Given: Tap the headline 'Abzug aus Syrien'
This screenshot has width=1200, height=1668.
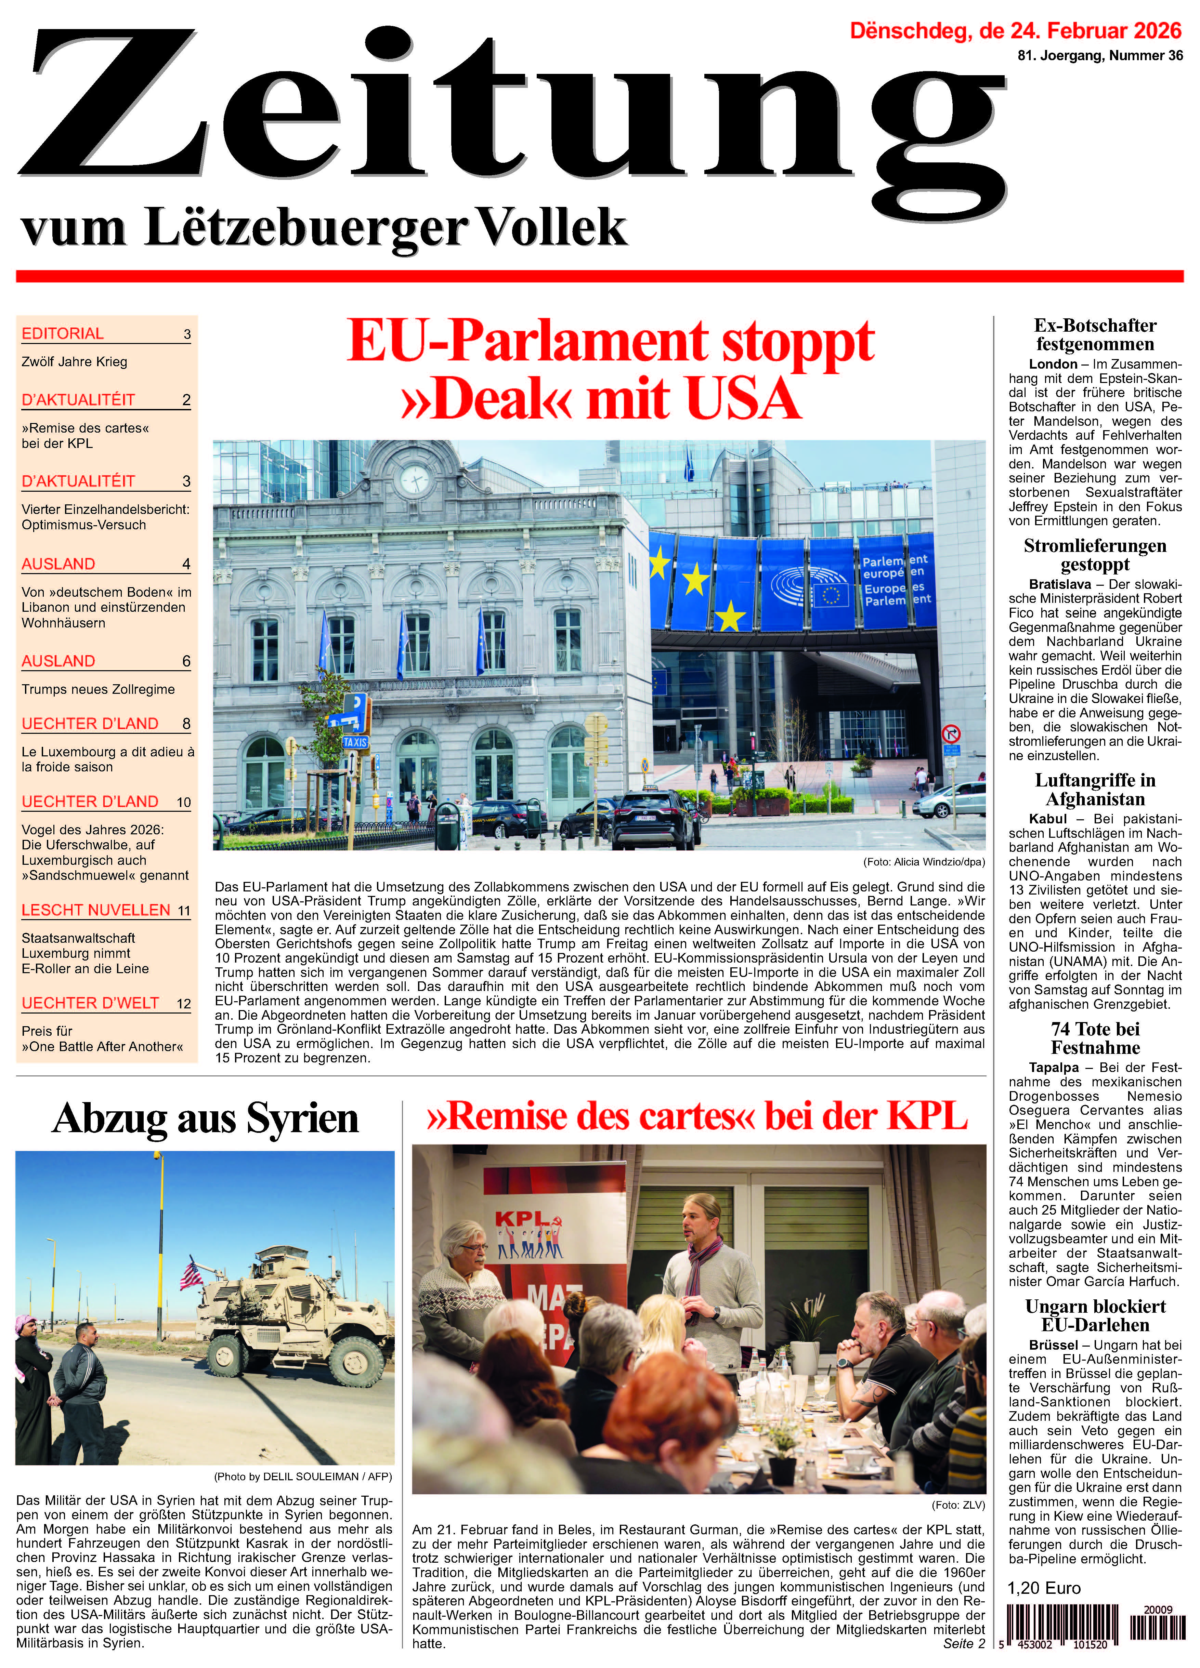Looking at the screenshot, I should click(x=205, y=1118).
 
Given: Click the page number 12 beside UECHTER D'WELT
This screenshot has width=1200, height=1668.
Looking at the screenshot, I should click(x=183, y=1004).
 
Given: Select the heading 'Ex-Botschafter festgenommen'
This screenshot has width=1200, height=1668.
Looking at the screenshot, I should click(x=1095, y=335).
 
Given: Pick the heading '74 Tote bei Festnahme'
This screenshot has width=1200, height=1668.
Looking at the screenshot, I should click(x=1095, y=1038).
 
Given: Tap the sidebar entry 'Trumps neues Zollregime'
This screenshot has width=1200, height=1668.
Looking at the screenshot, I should click(x=98, y=689).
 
